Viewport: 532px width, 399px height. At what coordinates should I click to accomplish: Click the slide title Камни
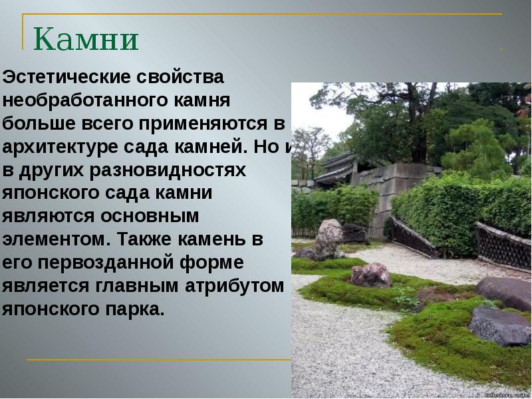tap(86, 39)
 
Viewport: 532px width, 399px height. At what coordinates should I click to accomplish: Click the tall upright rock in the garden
tap(329, 239)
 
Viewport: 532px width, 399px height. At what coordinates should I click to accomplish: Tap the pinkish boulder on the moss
tap(370, 274)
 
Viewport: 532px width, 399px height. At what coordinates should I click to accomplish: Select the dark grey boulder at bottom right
tap(499, 326)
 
